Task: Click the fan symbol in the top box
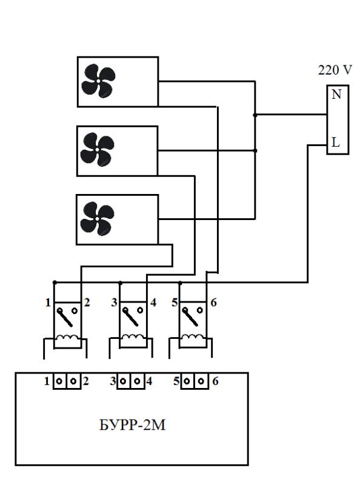coord(98,81)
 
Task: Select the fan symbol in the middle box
coord(97,150)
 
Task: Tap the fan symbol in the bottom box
coord(97,218)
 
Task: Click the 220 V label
coord(335,70)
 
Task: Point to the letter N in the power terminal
coord(336,94)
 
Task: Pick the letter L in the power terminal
coord(336,142)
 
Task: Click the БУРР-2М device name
coord(132,425)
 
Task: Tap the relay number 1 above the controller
coord(48,302)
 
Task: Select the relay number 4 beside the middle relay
coord(153,302)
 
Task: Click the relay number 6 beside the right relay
coord(213,302)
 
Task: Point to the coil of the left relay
coord(67,338)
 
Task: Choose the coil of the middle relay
coord(133,338)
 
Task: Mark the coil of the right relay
coord(193,338)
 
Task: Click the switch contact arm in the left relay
coord(65,318)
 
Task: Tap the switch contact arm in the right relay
coord(191,318)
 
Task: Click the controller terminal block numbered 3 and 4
coord(131,381)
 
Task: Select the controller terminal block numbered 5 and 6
coord(194,381)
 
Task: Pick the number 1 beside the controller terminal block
coord(47,381)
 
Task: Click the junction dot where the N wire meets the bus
coord(255,115)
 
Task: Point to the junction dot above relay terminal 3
coord(121,283)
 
